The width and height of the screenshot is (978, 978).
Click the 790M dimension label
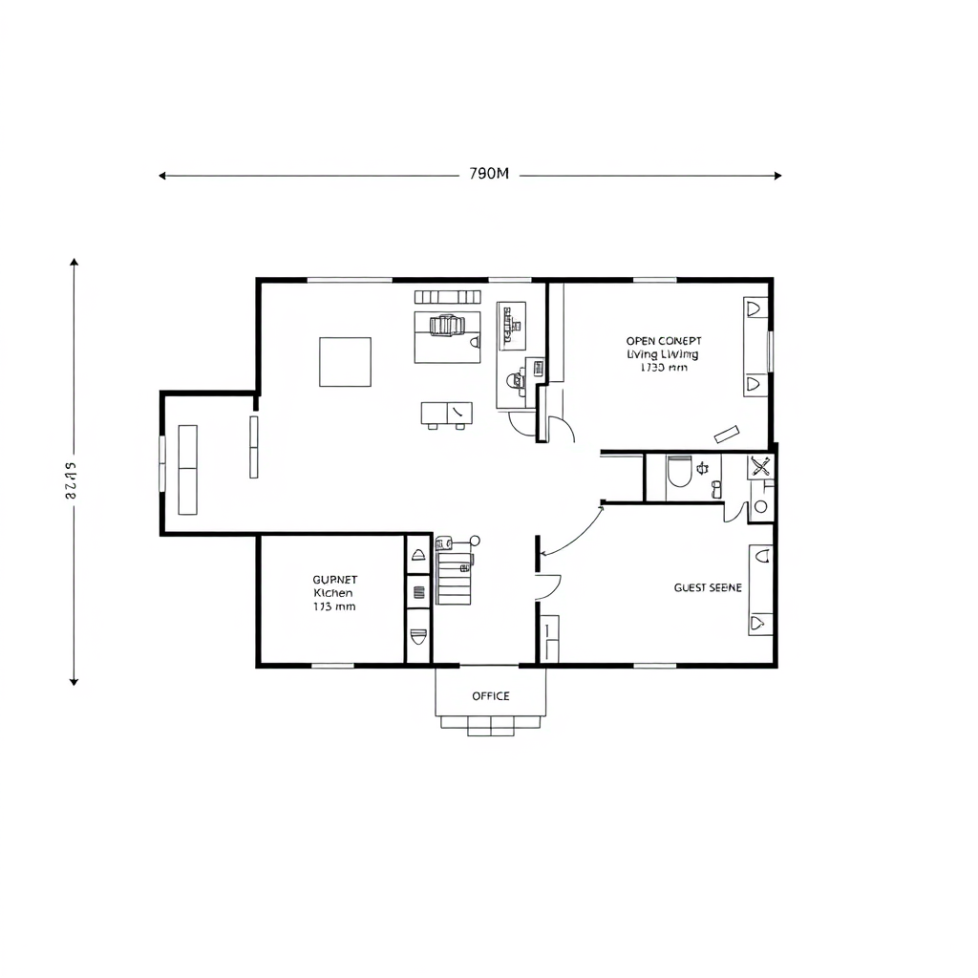490,175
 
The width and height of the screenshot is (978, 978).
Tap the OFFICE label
491,696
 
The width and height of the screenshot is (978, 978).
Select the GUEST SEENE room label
708,588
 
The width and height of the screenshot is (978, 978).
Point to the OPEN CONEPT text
664,341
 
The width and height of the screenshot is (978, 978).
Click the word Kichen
333,592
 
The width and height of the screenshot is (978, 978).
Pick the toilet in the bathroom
679,472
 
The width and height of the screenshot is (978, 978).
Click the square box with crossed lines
760,467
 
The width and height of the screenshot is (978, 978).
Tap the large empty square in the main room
345,362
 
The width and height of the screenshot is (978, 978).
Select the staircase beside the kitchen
455,577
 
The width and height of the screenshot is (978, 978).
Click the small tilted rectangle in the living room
725,434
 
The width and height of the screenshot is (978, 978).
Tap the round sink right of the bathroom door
760,506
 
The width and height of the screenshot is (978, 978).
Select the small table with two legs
446,414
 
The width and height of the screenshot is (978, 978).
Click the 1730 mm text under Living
664,367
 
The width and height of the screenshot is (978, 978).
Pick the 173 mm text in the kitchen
334,606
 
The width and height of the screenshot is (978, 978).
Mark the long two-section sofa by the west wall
187,470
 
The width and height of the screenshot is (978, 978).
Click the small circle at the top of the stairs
475,541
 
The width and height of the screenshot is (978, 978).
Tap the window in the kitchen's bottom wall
332,665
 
